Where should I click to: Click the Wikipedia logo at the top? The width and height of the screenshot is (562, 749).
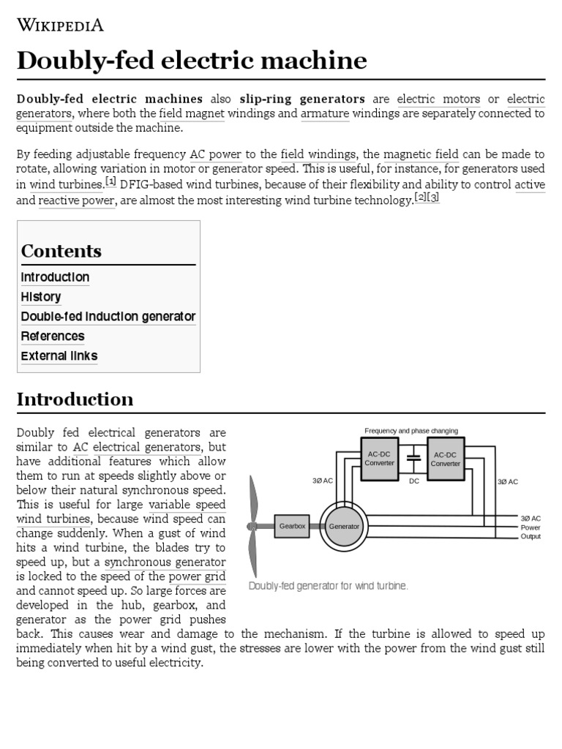click(x=60, y=26)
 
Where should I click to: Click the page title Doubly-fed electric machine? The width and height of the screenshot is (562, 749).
click(x=192, y=61)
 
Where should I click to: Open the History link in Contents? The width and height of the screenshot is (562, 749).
click(x=41, y=297)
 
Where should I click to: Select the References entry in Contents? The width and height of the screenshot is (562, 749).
click(x=53, y=336)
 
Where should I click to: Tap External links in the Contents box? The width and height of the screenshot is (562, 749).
click(x=59, y=356)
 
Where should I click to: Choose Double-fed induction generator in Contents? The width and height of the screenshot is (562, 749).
click(x=108, y=317)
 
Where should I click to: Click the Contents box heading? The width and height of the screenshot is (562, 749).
click(x=61, y=251)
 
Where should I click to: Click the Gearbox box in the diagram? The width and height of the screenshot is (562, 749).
click(x=293, y=526)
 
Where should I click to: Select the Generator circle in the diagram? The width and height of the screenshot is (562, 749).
click(x=344, y=526)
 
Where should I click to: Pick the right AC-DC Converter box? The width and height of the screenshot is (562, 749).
click(x=445, y=459)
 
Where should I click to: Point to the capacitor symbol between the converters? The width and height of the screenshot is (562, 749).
click(x=413, y=459)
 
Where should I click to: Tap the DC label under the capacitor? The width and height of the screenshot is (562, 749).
click(x=413, y=481)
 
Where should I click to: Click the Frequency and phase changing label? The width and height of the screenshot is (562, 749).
click(x=411, y=431)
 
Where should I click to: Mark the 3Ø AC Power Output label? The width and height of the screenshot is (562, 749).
click(x=531, y=527)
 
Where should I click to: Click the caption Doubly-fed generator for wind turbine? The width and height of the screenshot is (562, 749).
click(x=329, y=586)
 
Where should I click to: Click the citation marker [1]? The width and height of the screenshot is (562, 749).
click(x=110, y=181)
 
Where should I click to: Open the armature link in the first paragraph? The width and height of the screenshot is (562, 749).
click(x=325, y=113)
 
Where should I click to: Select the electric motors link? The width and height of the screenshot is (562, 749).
click(x=438, y=99)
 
